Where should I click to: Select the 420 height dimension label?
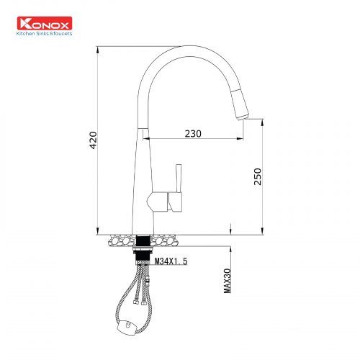tap(92, 140)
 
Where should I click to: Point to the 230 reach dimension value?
tap(192, 133)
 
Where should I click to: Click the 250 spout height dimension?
tap(258, 176)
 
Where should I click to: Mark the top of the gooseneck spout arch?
tap(191, 49)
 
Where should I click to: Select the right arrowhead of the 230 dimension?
tap(242, 138)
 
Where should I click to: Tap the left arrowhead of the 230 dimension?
tap(150, 138)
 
